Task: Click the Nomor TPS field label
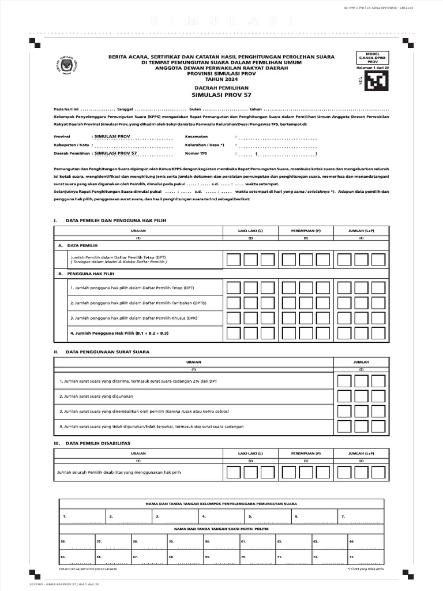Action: pos(196,154)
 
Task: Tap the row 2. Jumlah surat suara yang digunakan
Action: pos(96,397)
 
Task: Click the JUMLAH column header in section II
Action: pos(361,361)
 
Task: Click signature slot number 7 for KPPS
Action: pos(343,516)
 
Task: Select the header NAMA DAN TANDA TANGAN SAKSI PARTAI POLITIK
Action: pos(221,528)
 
